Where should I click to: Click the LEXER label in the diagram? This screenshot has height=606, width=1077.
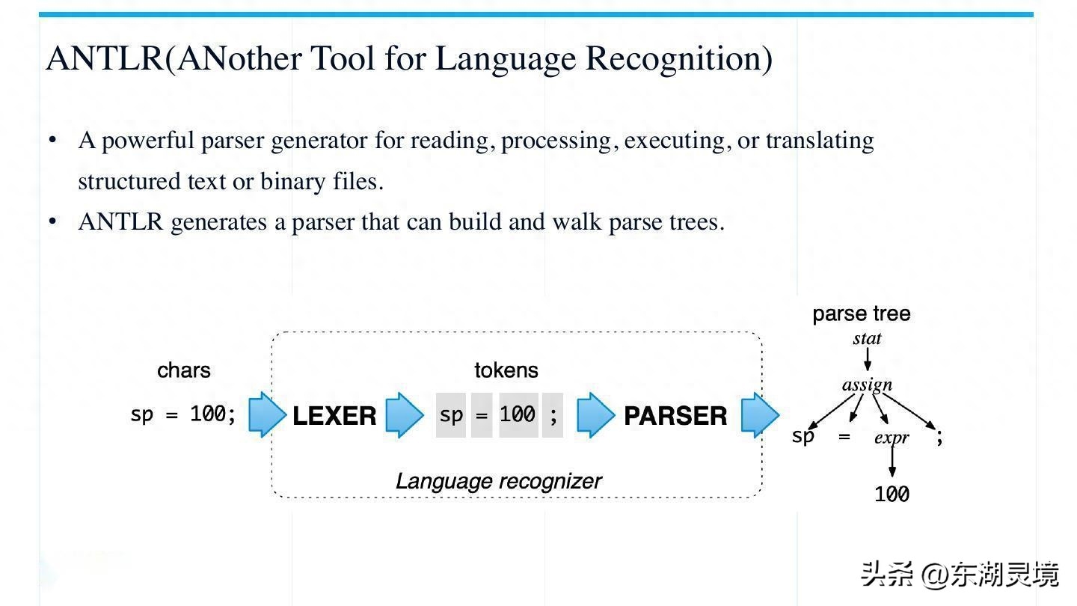point(334,415)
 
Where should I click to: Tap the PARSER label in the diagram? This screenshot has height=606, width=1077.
point(675,415)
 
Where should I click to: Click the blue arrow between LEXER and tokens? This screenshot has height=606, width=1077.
point(405,414)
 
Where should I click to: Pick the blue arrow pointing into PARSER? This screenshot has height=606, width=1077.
point(595,414)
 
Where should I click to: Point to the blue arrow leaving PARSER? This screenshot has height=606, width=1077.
point(760,414)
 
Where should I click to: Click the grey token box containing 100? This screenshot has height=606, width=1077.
point(518,415)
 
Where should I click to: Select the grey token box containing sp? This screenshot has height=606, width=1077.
point(451,415)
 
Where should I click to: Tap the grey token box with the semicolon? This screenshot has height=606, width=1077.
point(553,415)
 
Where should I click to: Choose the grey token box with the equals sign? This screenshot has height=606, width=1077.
point(482,415)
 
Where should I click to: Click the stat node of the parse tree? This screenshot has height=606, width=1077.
point(868,339)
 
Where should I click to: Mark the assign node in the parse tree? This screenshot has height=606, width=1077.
point(868,385)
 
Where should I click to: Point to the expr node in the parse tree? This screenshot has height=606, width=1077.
point(892,438)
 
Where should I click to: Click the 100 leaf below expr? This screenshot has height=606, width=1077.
point(892,495)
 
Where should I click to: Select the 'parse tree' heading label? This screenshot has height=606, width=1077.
point(862,314)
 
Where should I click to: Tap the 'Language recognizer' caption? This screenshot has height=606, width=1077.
point(499,482)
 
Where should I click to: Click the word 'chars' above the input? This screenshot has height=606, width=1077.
point(184,370)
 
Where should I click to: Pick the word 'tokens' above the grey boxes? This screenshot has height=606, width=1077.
point(506,370)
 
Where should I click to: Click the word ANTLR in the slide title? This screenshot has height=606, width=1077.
point(105,58)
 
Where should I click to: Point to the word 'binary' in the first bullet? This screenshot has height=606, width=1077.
point(293,183)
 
